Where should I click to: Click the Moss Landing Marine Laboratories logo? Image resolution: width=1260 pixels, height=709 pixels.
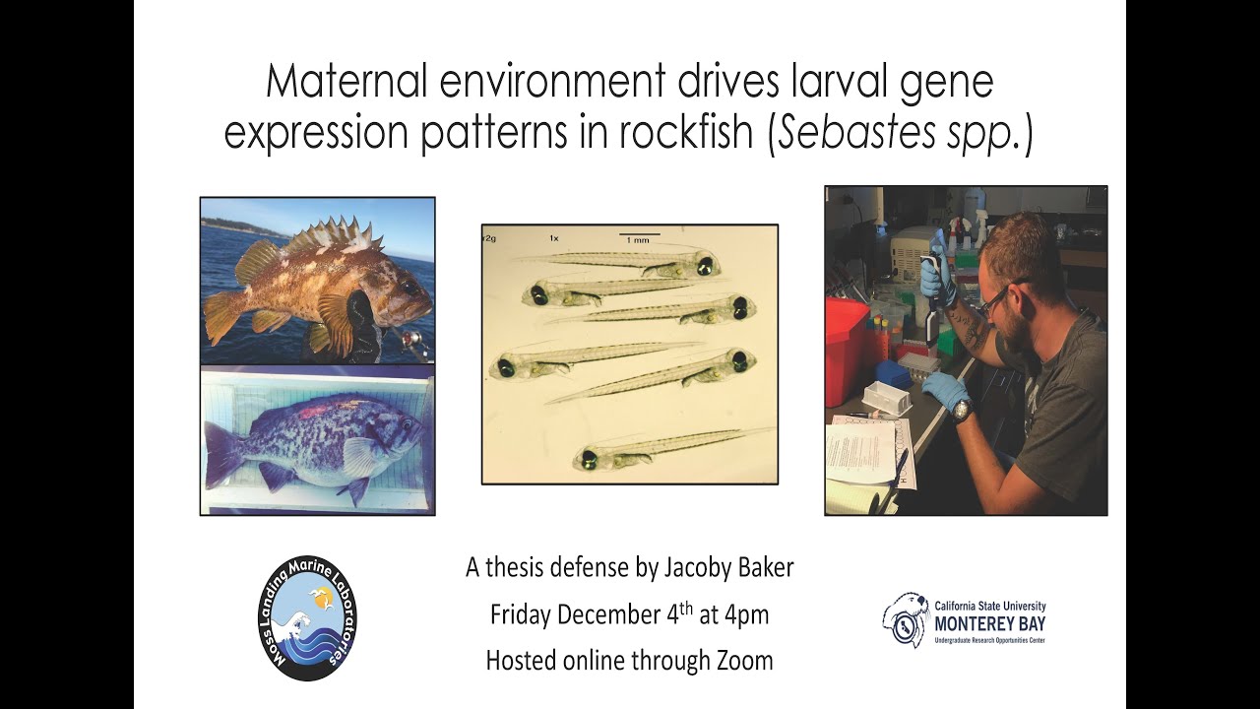pyautogui.click(x=308, y=617)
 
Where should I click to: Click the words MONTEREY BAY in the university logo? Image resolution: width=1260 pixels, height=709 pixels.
pyautogui.click(x=988, y=623)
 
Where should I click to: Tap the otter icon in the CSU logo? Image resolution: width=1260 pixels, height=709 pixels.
pyautogui.click(x=905, y=619)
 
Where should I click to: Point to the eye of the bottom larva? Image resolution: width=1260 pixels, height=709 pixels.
pyautogui.click(x=590, y=458)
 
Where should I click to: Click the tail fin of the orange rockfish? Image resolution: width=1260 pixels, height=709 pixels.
pyautogui.click(x=220, y=316)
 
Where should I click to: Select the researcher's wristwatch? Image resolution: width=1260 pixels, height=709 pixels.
pyautogui.click(x=962, y=408)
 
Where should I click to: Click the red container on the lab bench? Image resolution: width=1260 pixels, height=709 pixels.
pyautogui.click(x=847, y=350)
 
